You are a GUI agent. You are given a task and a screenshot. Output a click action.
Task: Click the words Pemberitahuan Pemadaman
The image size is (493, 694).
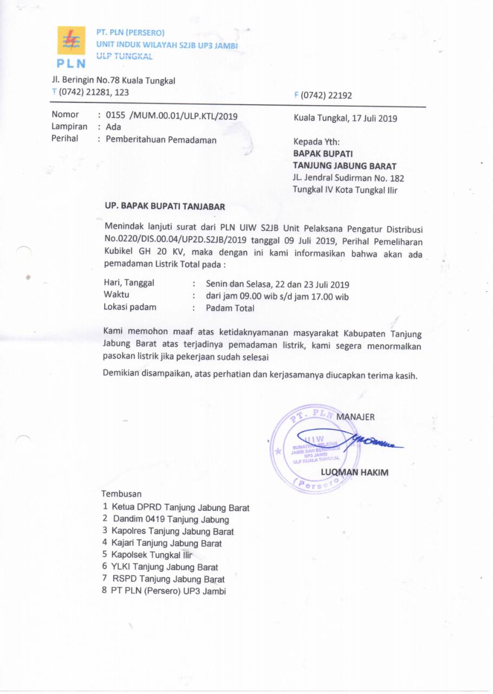click(161, 140)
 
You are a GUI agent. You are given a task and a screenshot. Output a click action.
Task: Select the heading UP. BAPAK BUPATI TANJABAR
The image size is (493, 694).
click(164, 207)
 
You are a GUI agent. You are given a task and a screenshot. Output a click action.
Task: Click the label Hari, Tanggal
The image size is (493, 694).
click(129, 283)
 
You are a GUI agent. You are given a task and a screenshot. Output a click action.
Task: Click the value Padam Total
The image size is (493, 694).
click(230, 309)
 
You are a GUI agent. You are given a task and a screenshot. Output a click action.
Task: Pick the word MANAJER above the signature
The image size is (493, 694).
click(355, 417)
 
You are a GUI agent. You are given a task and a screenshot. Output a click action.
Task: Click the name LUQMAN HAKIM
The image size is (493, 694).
click(354, 472)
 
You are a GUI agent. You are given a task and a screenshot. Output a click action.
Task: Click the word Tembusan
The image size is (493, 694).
click(121, 494)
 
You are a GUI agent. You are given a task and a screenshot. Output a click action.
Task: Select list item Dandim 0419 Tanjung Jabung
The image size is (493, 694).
click(170, 519)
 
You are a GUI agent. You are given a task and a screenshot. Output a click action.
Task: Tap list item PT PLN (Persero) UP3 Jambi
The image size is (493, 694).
click(168, 591)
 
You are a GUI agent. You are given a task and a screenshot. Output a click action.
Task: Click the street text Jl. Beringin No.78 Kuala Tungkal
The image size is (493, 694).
click(113, 81)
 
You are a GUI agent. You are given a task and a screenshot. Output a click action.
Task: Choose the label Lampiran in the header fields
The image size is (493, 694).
click(69, 126)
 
